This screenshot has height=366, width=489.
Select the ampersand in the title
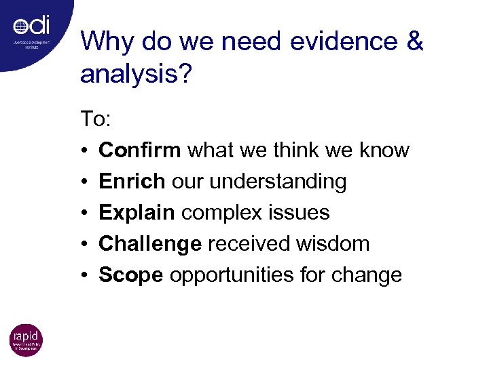[413, 42]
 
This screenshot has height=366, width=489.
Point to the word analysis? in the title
[137, 75]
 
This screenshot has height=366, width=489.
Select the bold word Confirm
[140, 150]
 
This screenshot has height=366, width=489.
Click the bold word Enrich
[132, 181]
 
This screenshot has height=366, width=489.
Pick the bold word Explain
[137, 212]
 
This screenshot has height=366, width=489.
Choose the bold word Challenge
[150, 243]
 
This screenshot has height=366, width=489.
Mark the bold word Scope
[131, 274]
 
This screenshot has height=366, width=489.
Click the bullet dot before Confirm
[84, 150]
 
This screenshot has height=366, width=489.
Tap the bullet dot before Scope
[84, 275]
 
